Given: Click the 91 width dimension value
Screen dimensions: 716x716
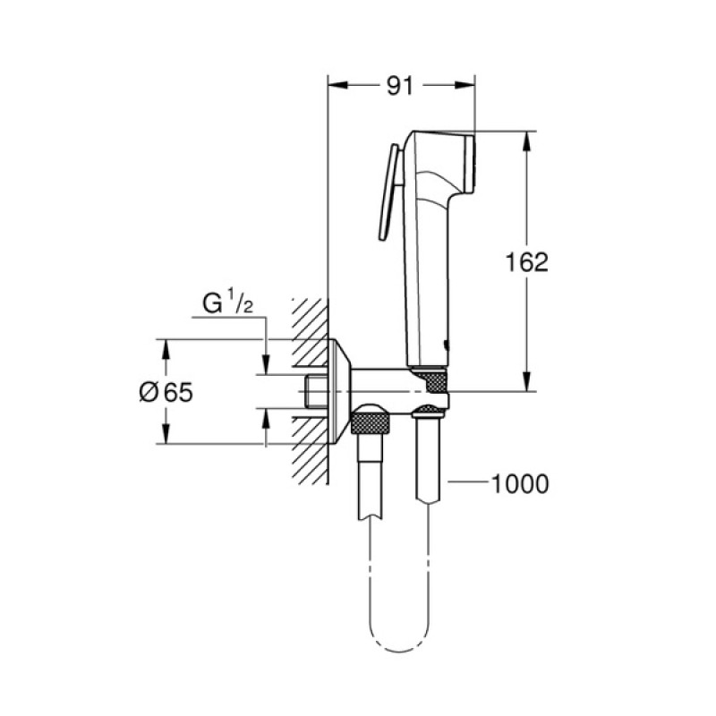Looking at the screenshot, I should (x=399, y=86).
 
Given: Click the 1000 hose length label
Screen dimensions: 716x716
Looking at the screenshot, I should (x=520, y=484).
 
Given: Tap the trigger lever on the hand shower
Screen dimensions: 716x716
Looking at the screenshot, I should (x=388, y=193).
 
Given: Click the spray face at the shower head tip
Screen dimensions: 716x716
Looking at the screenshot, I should (x=469, y=163).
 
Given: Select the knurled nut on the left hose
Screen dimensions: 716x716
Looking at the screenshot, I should (x=371, y=419).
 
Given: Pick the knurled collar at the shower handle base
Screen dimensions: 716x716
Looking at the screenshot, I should (x=428, y=379).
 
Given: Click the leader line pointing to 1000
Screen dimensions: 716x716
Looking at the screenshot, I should (x=465, y=484).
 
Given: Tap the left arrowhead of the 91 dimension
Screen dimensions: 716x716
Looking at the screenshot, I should (x=336, y=86).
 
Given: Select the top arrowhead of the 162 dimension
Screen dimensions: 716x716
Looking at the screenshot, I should (x=527, y=138).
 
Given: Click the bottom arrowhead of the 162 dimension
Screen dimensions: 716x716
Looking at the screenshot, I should (x=527, y=386).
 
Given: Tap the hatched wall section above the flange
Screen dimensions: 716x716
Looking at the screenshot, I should (x=310, y=319).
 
